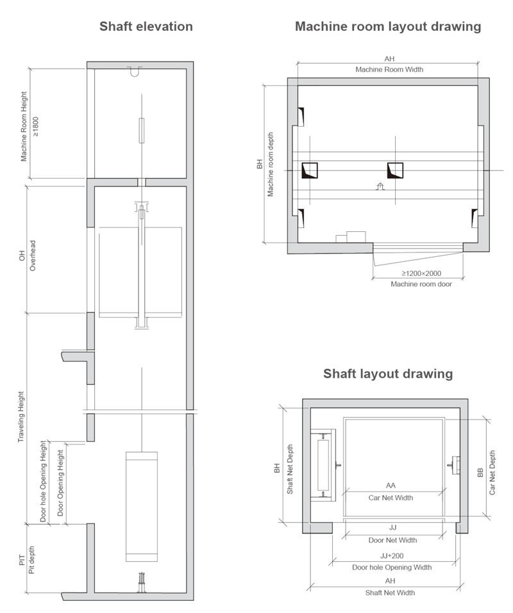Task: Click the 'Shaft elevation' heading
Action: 146,27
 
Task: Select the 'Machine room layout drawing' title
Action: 388,27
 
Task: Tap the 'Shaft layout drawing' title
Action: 388,373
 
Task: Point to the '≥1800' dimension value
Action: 36,126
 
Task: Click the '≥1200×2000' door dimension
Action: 421,274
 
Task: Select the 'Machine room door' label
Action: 421,284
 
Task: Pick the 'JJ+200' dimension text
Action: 392,556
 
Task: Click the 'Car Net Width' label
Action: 391,498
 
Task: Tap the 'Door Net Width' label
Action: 392,540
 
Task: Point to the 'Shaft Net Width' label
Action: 390,593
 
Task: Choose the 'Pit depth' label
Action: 31,560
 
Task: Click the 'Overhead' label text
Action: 33,256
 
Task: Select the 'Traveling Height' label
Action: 21,417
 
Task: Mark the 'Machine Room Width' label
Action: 389,70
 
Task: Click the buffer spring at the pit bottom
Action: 141,583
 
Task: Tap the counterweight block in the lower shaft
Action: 142,507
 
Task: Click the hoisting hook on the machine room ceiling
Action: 135,72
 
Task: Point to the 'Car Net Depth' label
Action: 492,472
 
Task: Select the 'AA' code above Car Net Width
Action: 391,486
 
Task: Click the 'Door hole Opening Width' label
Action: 392,568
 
